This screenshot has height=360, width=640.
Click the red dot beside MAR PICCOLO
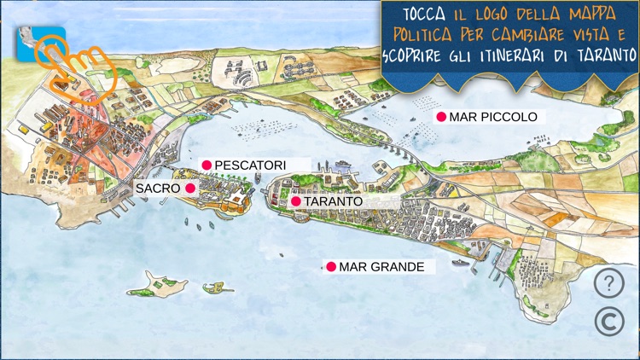(441, 117)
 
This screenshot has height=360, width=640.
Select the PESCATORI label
(250, 165)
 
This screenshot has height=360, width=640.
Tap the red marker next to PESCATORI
(206, 165)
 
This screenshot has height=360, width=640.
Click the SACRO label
(158, 188)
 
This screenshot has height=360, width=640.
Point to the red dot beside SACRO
(190, 188)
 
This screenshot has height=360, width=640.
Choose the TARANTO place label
(334, 201)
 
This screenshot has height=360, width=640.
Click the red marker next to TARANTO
(295, 201)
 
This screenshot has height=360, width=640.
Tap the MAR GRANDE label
(381, 267)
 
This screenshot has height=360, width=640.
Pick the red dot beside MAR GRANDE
(331, 267)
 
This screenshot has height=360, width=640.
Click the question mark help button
(607, 283)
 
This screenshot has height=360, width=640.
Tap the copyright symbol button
(607, 320)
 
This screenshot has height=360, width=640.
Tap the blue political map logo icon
(27, 43)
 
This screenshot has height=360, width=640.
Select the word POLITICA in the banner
(424, 35)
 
